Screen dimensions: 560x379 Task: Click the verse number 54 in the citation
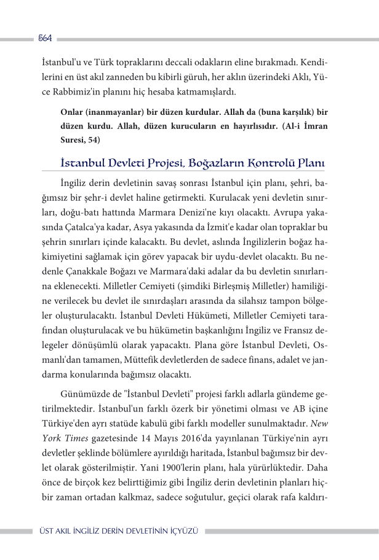click(93, 140)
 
